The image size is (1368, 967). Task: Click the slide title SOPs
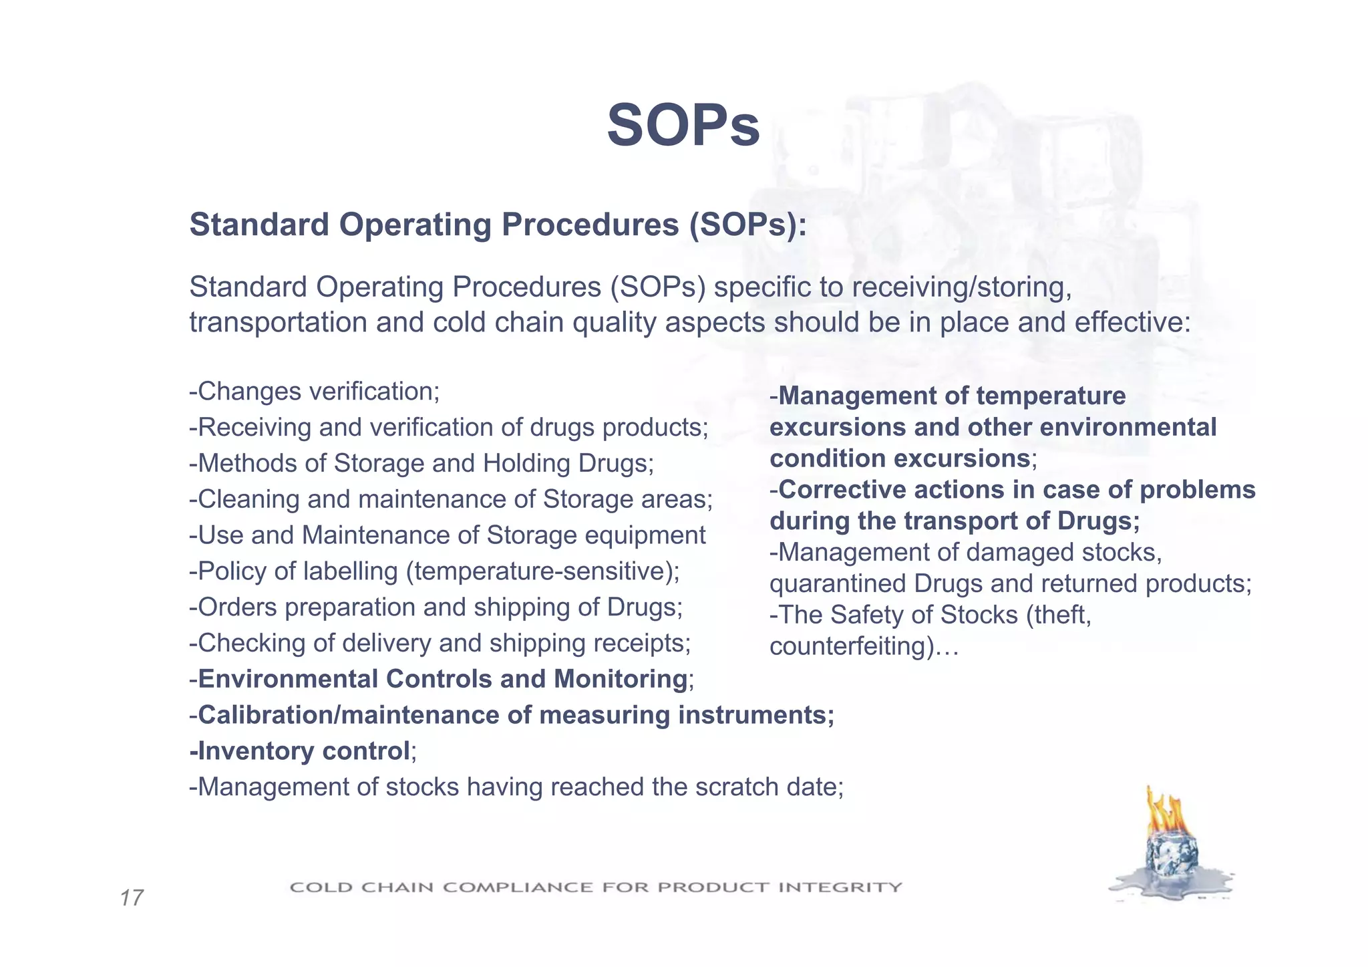683,126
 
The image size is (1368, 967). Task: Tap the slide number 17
132,897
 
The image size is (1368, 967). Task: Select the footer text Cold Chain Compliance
595,887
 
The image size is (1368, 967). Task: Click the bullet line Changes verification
315,392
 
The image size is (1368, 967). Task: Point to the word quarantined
838,583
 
